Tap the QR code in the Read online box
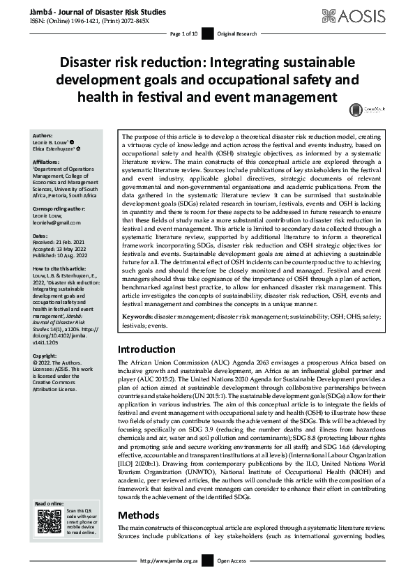point(49,521)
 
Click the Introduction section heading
point(146,349)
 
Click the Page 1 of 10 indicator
point(184,33)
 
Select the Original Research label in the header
point(237,33)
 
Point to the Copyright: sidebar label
point(47,355)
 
